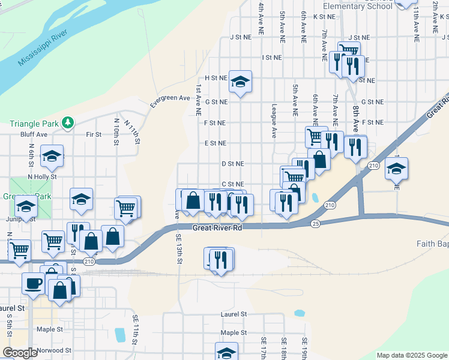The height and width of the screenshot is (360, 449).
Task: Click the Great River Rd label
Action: (x=217, y=228)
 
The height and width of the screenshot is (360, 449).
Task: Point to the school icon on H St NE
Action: (x=240, y=82)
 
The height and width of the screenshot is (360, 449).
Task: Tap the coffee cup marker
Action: (x=33, y=282)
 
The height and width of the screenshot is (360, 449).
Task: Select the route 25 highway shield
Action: (x=316, y=223)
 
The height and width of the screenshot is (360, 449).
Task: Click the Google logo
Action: (x=20, y=353)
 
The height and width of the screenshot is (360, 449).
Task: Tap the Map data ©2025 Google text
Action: (x=411, y=355)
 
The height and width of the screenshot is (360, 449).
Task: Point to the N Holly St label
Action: (x=41, y=177)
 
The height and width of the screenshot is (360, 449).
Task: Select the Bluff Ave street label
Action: (x=34, y=134)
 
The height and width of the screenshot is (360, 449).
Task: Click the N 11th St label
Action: (x=132, y=132)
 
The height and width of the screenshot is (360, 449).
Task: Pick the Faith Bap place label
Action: (x=432, y=244)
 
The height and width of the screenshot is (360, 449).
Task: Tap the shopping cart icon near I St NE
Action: (x=349, y=51)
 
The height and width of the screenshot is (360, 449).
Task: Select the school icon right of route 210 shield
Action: (x=396, y=169)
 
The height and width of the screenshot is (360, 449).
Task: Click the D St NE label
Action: (x=232, y=163)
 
